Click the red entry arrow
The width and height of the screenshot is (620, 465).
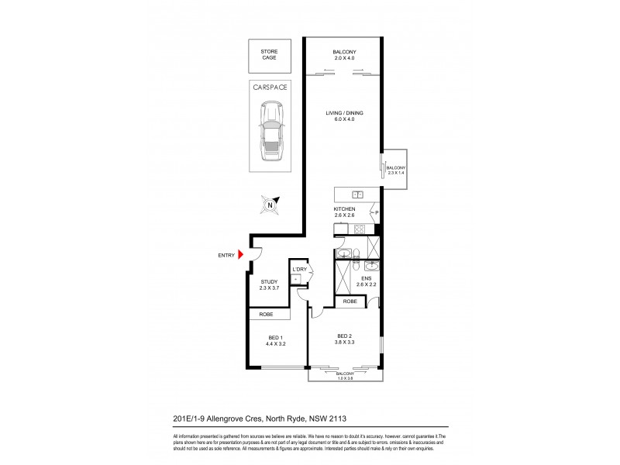tap(241, 254)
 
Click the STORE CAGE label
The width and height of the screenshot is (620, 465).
tap(270, 56)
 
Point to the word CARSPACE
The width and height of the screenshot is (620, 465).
tap(270, 88)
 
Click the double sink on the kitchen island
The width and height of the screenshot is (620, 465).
tap(358, 195)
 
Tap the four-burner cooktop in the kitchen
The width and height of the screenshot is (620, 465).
tap(360, 229)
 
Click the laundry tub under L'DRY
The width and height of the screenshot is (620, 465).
tap(297, 278)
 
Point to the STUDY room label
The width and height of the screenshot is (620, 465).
tap(269, 281)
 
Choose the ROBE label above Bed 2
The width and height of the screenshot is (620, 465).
tap(350, 301)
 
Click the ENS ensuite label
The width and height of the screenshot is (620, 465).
tap(366, 278)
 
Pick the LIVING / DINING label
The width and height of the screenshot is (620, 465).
tap(344, 113)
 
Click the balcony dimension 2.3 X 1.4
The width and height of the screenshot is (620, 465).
tap(396, 173)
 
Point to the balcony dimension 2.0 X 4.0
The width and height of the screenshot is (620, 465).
tap(343, 57)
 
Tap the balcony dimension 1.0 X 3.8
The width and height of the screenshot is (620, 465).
tap(345, 377)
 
